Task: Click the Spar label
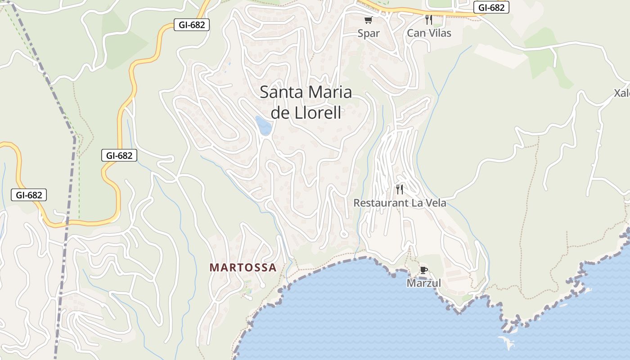369,33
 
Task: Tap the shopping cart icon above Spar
369,20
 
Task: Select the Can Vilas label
429,33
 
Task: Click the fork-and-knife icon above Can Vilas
429,20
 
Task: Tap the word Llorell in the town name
318,113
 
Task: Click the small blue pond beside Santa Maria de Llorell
263,126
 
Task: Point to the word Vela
435,203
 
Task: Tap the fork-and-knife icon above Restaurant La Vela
399,189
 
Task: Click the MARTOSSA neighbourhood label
243,268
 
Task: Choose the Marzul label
423,283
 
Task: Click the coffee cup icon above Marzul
423,270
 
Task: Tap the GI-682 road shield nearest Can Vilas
491,7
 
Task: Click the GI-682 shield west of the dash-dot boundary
29,195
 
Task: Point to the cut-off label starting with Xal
622,93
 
